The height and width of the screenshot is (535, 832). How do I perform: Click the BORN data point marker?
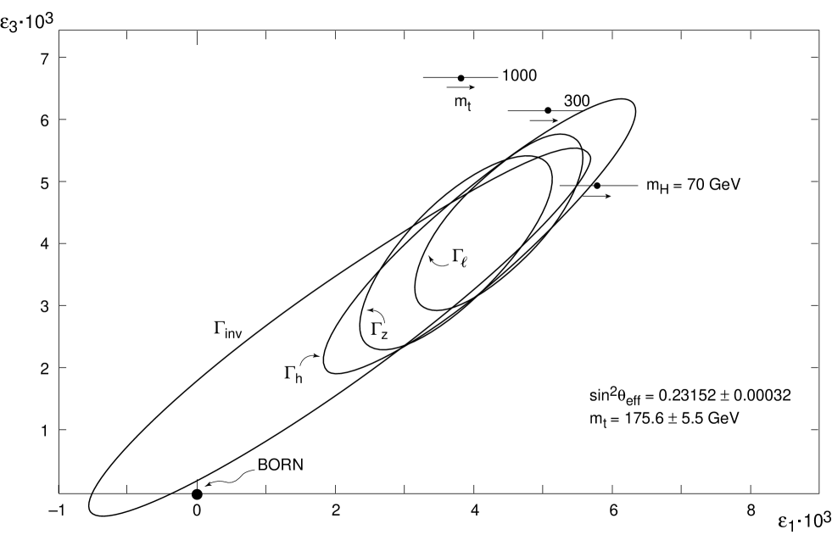pyautogui.click(x=197, y=494)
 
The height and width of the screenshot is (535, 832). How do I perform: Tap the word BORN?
pyautogui.click(x=281, y=465)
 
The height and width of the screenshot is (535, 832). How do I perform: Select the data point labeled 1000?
pyautogui.click(x=461, y=78)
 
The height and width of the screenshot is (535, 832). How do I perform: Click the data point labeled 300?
pyautogui.click(x=548, y=110)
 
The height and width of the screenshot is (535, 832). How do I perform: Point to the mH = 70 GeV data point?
pyautogui.click(x=597, y=186)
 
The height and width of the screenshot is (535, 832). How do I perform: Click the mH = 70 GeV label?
pyautogui.click(x=692, y=185)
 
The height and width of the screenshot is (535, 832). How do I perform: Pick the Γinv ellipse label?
pyautogui.click(x=228, y=329)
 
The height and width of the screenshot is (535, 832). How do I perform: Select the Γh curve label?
pyautogui.click(x=293, y=373)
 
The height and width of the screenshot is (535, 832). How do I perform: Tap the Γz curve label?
pyautogui.click(x=379, y=330)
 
